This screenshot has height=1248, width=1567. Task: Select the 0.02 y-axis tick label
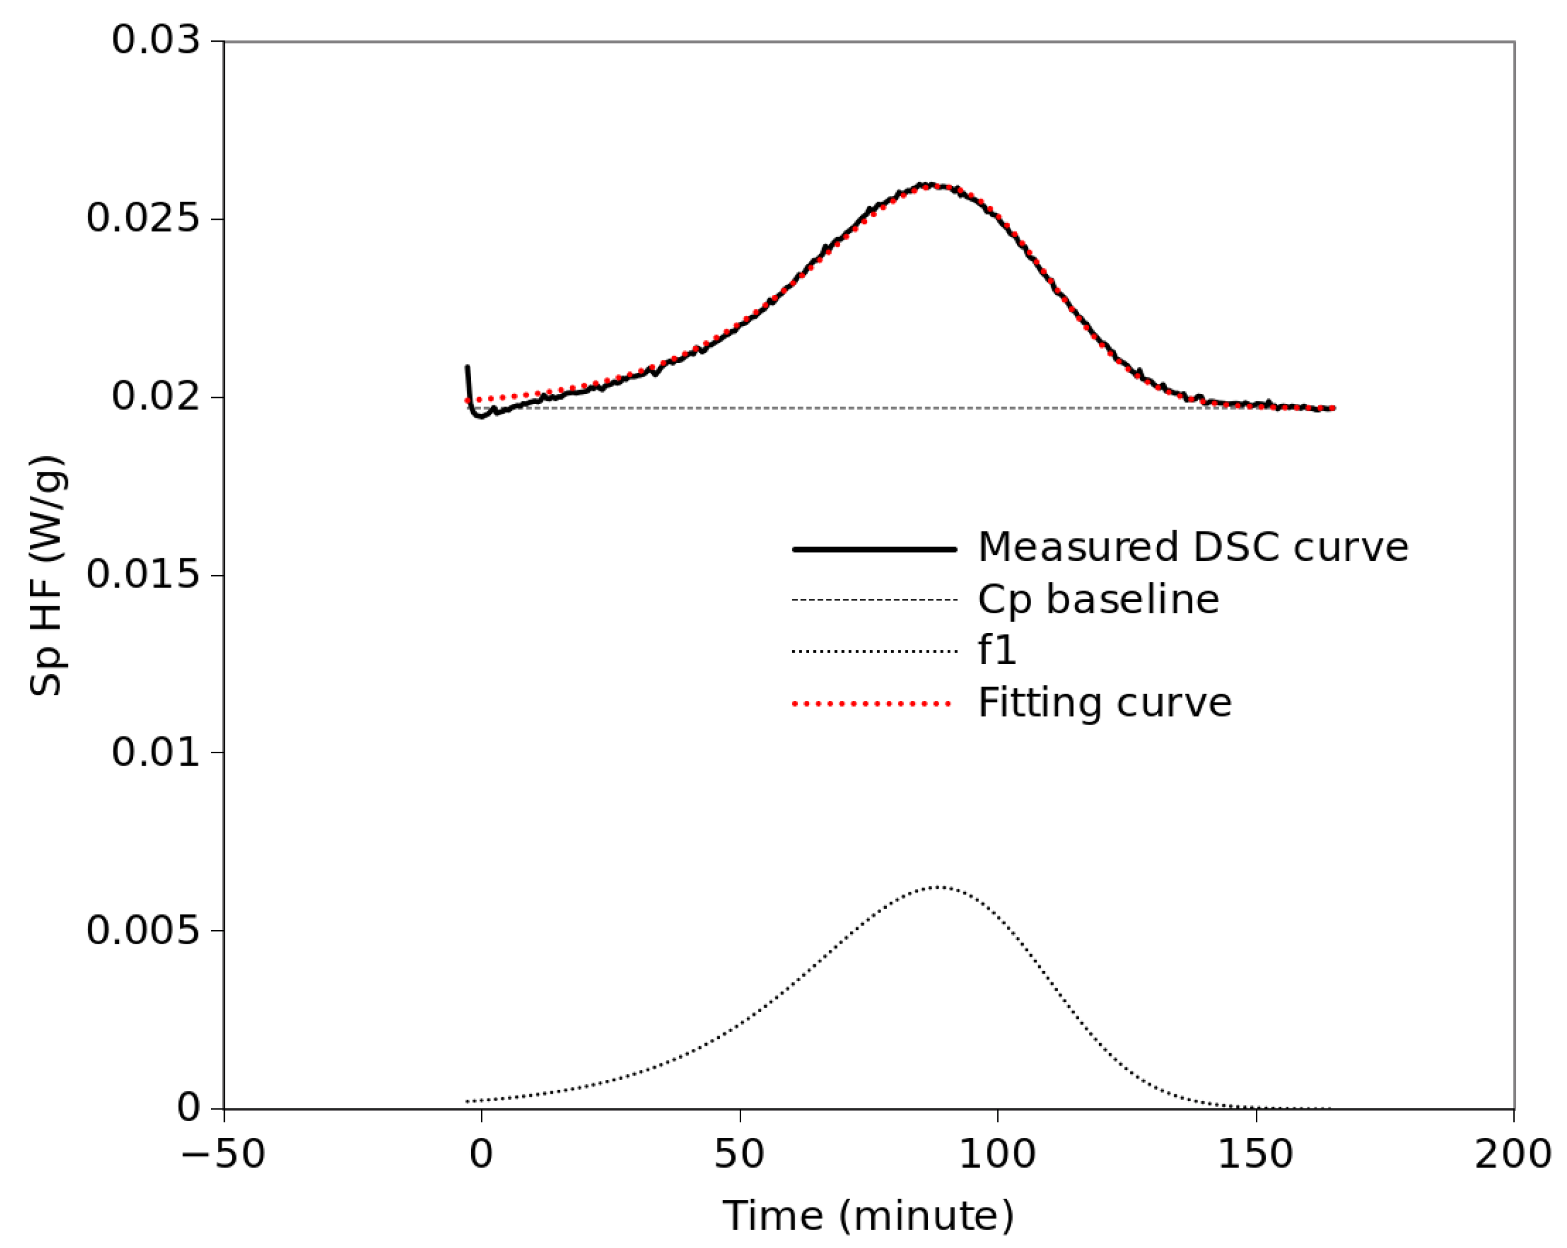155,397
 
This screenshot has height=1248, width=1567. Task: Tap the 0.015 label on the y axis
143,575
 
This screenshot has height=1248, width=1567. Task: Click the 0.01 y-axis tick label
155,753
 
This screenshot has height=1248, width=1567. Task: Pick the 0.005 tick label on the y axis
143,931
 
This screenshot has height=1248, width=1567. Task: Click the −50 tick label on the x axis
222,1154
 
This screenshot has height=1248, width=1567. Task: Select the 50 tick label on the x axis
739,1154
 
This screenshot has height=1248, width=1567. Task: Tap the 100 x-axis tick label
997,1154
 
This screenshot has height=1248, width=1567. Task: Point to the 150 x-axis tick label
1255,1154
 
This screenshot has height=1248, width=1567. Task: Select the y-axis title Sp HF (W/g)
47,576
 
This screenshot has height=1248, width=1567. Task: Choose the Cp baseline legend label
1098,599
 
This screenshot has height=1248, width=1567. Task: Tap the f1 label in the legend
996,650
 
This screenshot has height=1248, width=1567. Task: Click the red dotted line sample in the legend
872,703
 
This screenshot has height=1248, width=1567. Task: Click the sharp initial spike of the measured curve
467,368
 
